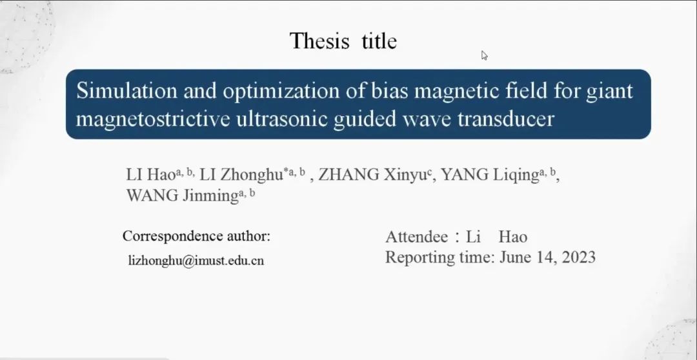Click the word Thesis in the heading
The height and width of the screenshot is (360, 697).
(x=319, y=41)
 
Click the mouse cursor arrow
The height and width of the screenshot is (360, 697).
(x=485, y=55)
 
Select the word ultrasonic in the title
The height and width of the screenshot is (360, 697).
(x=281, y=119)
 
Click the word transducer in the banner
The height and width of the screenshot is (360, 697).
(x=506, y=119)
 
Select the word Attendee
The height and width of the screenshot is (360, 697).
(x=416, y=237)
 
